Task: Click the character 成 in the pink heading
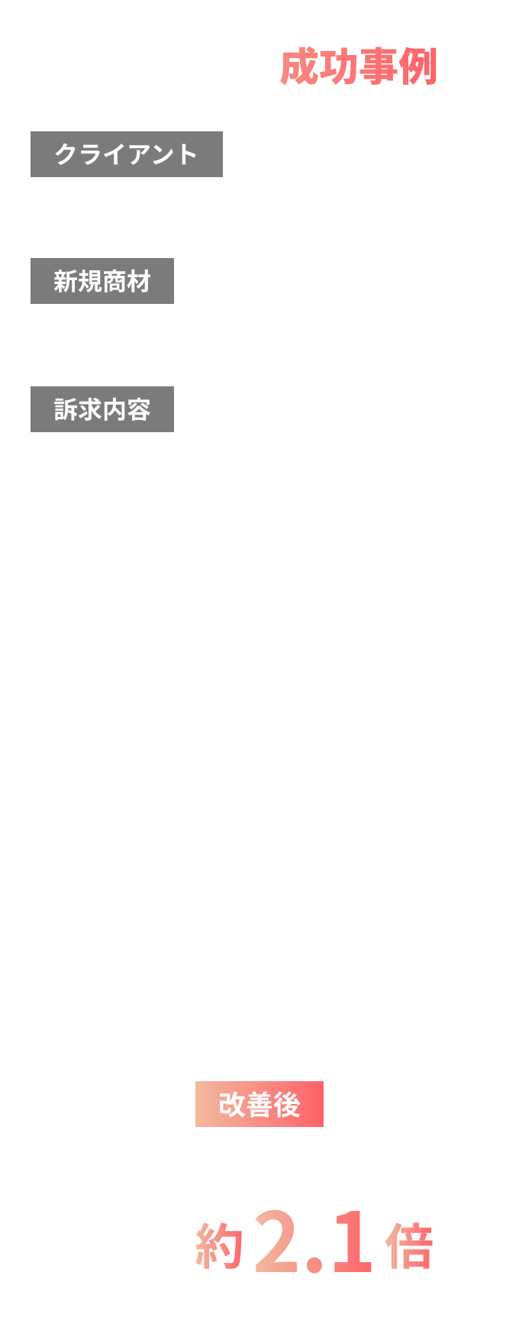pyautogui.click(x=299, y=67)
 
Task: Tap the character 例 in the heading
pyautogui.click(x=418, y=67)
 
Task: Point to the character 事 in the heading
pyautogui.click(x=379, y=67)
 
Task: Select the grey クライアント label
pyautogui.click(x=127, y=154)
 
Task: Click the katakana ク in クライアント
pyautogui.click(x=66, y=154)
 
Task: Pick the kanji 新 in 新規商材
pyautogui.click(x=66, y=281)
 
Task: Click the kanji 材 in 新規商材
pyautogui.click(x=139, y=281)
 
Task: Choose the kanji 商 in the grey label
pyautogui.click(x=114, y=281)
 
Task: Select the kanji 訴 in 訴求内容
pyautogui.click(x=66, y=409)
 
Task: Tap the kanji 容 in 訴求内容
pyautogui.click(x=139, y=409)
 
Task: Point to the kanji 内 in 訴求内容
pyautogui.click(x=114, y=409)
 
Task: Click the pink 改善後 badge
pyautogui.click(x=259, y=1104)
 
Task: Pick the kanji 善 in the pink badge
pyautogui.click(x=259, y=1104)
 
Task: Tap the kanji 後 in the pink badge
pyautogui.click(x=287, y=1104)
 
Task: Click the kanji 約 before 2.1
pyautogui.click(x=219, y=1246)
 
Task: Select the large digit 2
pyautogui.click(x=277, y=1241)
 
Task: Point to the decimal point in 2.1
pyautogui.click(x=314, y=1265)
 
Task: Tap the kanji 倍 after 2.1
pyautogui.click(x=409, y=1246)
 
